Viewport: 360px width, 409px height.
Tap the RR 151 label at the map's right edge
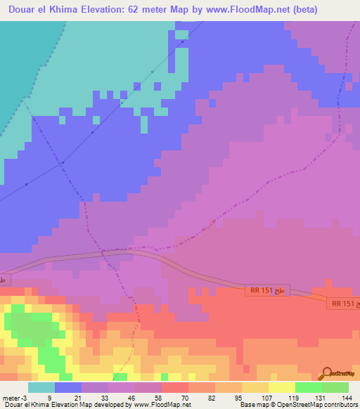tap(342, 303)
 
